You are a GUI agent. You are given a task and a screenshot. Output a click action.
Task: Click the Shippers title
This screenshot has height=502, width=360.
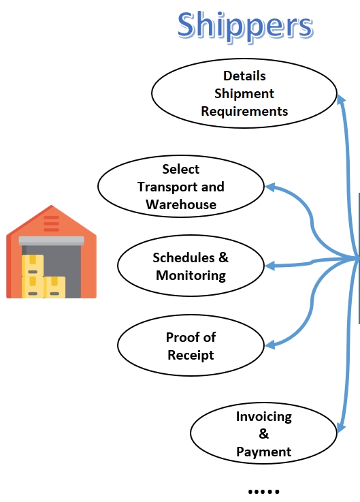tap(246, 27)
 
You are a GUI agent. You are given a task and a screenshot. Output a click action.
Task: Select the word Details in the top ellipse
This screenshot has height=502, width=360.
tap(244, 76)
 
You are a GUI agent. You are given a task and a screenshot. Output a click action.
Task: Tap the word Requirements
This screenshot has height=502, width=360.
tap(244, 112)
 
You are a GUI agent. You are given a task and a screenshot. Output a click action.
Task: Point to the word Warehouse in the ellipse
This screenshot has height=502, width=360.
tap(181, 204)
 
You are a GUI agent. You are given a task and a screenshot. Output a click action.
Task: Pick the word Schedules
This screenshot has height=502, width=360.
tap(184, 257)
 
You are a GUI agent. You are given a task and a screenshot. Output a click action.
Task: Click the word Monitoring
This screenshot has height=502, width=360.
tap(191, 276)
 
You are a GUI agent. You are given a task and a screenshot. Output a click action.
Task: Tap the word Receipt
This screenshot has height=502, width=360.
tap(191, 356)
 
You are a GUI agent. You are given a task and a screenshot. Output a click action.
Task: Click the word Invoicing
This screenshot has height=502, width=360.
tap(264, 417)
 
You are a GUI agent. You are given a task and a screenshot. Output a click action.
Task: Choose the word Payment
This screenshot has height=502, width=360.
tap(264, 452)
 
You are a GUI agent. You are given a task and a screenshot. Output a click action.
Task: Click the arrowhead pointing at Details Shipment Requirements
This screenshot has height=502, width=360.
tap(341, 99)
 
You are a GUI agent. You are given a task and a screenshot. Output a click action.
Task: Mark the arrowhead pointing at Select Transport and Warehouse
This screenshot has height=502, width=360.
tap(270, 187)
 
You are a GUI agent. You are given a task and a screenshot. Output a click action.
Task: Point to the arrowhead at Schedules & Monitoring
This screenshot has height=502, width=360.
tap(270, 266)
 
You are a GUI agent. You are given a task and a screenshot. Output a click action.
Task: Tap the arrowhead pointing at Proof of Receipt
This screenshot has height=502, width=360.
tap(270, 345)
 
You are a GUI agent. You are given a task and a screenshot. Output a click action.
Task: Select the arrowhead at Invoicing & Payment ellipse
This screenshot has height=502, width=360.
tap(341, 427)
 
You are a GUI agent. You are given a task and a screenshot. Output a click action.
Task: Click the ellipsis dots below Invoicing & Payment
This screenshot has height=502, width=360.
tap(263, 491)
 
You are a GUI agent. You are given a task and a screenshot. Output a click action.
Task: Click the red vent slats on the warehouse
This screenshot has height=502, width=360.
tap(51, 223)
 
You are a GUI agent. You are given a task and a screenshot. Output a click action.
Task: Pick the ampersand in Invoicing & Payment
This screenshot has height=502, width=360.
tap(263, 434)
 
